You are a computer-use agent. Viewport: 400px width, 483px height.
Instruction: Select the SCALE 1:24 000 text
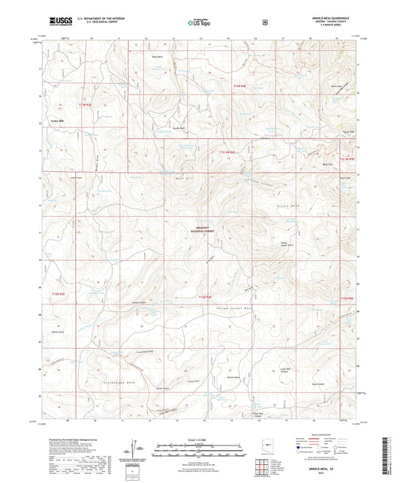click(x=200, y=438)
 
